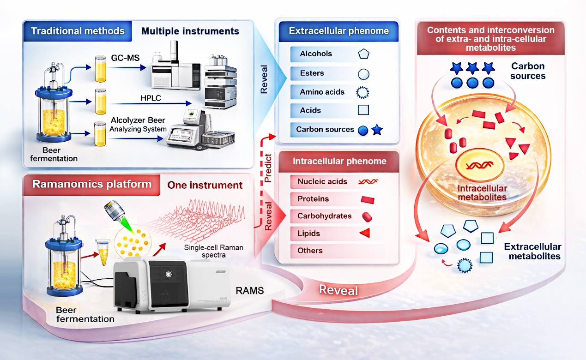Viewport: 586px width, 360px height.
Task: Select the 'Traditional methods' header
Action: coord(78,31)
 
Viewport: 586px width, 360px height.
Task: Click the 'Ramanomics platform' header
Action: coord(92,184)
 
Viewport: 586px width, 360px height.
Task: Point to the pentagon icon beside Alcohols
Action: coord(363,54)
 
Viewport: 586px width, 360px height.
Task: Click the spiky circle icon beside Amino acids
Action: coord(363,92)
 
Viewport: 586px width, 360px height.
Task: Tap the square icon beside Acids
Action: coord(363,110)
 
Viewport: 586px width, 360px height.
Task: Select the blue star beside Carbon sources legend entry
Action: coord(377,130)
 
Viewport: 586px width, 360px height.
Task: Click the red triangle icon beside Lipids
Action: coord(365,234)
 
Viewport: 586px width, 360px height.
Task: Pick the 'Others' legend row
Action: coord(310,251)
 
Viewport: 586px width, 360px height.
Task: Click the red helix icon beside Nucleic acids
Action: coord(368,182)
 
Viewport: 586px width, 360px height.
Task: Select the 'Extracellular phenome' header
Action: coord(338,31)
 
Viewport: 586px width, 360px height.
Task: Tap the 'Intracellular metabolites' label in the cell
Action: coord(482,193)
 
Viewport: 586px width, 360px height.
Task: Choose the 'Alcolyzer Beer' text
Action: coord(138,120)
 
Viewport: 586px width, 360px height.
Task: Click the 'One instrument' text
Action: coord(205,185)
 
